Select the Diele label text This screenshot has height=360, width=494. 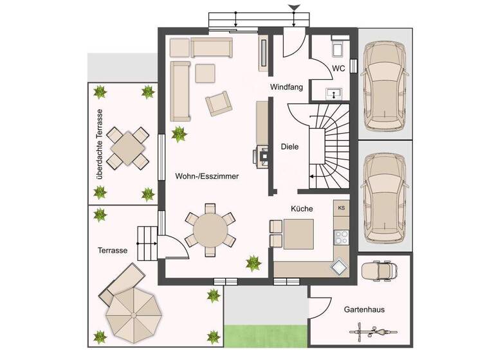[290, 147]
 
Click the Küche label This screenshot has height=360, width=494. [302, 209]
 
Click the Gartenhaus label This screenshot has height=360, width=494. [364, 309]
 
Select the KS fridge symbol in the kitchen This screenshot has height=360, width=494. [342, 208]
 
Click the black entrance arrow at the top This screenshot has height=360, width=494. [294, 8]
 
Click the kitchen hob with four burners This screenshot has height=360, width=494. [342, 236]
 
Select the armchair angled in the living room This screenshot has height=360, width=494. [217, 103]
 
